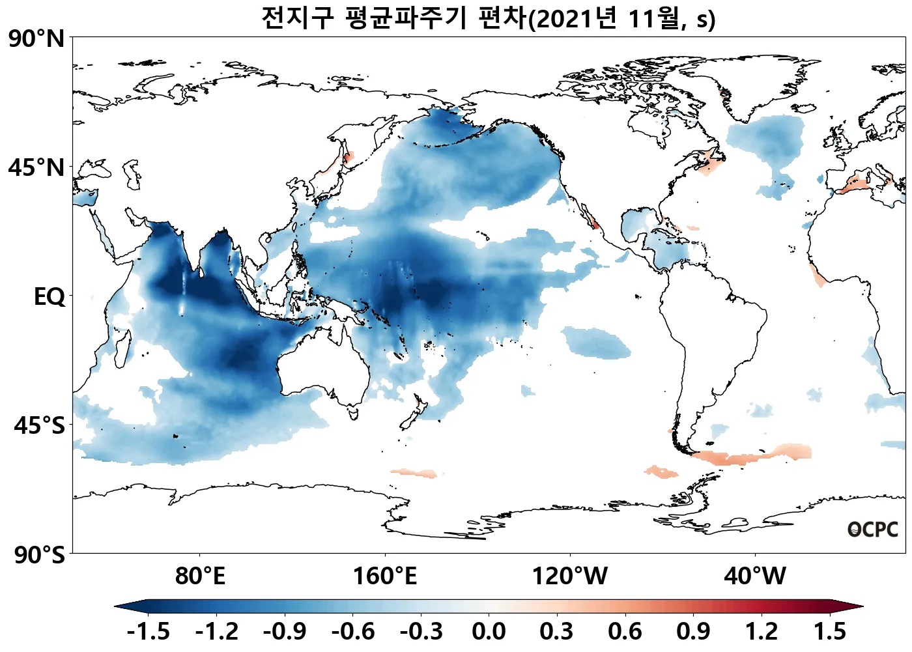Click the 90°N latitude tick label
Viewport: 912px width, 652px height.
(x=36, y=39)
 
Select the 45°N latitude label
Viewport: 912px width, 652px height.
(x=36, y=168)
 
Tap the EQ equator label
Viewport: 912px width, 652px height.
(x=50, y=297)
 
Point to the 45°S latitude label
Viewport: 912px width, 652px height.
(x=39, y=426)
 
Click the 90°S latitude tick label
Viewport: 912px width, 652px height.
(x=39, y=556)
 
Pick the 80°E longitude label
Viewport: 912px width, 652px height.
(x=200, y=576)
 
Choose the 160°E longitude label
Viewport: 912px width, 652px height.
(x=385, y=576)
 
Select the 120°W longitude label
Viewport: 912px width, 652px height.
(x=570, y=576)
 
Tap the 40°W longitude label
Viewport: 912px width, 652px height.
(x=755, y=576)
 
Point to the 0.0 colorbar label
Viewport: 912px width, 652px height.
(x=489, y=632)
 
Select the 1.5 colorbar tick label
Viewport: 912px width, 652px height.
(x=830, y=632)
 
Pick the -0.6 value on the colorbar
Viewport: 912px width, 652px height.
(x=352, y=632)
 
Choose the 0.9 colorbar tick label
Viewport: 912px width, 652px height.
(x=693, y=632)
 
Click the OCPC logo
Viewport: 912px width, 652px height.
(x=872, y=530)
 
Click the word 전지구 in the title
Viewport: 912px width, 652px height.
(x=297, y=18)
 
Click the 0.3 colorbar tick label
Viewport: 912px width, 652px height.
(x=557, y=632)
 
